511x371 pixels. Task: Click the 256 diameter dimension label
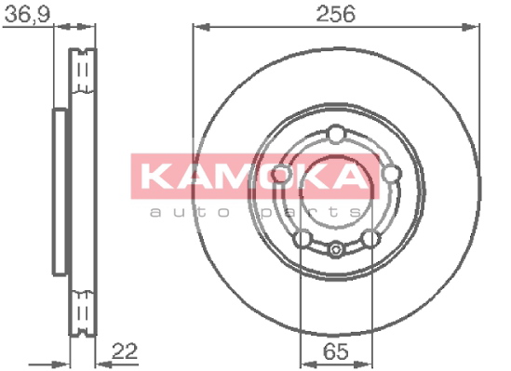tap(336, 14)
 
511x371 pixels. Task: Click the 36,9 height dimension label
tap(27, 14)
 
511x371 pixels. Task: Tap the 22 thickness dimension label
tap(125, 351)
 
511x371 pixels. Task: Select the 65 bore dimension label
tap(336, 351)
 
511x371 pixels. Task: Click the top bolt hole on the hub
tap(336, 134)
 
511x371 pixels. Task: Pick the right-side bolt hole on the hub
tap(391, 174)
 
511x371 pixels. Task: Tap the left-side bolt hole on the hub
tap(280, 174)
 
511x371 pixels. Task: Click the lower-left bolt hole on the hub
tap(303, 239)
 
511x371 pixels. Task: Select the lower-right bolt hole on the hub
tap(371, 239)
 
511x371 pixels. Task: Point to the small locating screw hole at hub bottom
tap(336, 250)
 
